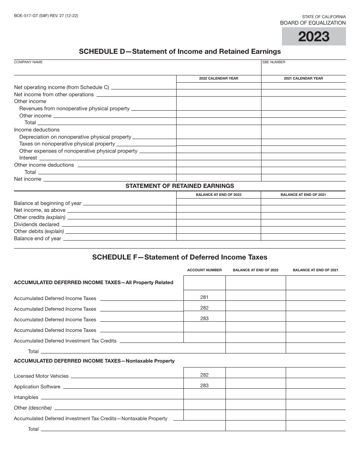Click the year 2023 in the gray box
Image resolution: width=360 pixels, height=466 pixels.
[x=313, y=37]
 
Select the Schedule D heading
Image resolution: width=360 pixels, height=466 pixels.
[x=180, y=51]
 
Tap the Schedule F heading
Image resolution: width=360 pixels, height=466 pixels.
[x=180, y=257]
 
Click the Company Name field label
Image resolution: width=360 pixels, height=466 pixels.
[x=28, y=62]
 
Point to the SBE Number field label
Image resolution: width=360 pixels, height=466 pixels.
[x=274, y=62]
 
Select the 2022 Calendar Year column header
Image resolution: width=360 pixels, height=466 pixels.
[x=219, y=78]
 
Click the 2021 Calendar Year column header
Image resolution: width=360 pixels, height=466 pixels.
[x=303, y=78]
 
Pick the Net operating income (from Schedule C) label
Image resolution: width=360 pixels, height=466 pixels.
[x=61, y=87]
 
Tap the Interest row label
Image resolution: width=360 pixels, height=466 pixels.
[x=28, y=158]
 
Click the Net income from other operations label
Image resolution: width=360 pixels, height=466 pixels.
[x=54, y=94]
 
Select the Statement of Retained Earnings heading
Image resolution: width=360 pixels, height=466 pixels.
[x=180, y=186]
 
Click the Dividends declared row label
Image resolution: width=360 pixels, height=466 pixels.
[x=37, y=224]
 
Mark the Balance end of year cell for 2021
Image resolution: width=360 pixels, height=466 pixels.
[x=303, y=237]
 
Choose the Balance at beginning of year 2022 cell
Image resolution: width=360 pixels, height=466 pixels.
[x=219, y=202]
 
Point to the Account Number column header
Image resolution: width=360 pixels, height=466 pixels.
[x=204, y=270]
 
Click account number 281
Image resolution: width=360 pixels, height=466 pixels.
[x=204, y=297]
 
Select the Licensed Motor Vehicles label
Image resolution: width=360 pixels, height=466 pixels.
[x=41, y=376]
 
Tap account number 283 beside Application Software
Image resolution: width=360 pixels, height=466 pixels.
[x=204, y=386]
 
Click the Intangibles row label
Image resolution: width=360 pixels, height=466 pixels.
[x=26, y=397]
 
